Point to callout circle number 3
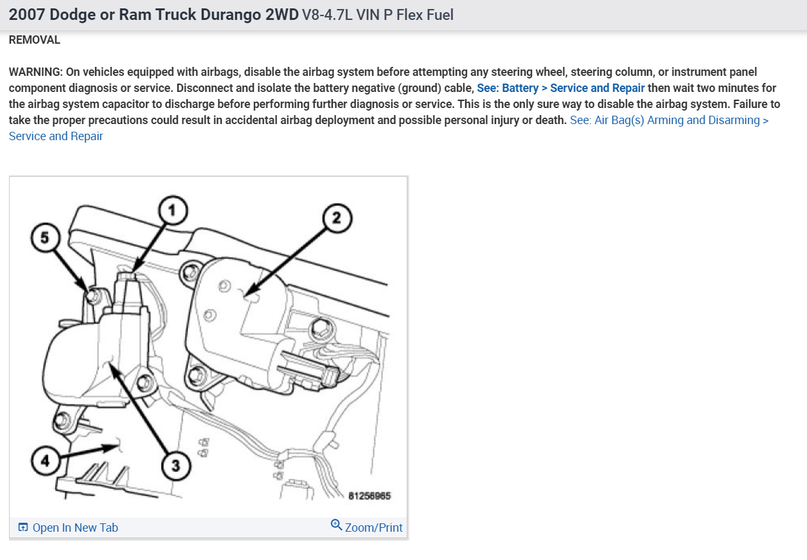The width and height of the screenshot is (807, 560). coord(176,464)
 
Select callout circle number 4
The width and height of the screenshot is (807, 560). coord(42,462)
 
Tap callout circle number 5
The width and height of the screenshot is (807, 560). coord(44,237)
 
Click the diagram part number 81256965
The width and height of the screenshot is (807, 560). coord(369,496)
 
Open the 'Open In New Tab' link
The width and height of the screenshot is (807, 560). coord(75,528)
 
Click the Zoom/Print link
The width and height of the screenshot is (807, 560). coord(373,528)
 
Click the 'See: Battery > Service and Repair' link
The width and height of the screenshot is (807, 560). coord(561,88)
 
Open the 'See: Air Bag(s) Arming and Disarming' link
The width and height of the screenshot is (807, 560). coord(669,120)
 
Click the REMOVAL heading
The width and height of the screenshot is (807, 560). coord(35,40)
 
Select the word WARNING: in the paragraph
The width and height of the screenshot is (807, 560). coord(36,72)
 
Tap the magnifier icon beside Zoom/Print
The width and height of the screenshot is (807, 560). coord(336,525)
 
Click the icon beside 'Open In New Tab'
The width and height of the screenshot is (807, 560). coord(23,528)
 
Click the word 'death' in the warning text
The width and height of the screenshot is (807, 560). coord(551,120)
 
